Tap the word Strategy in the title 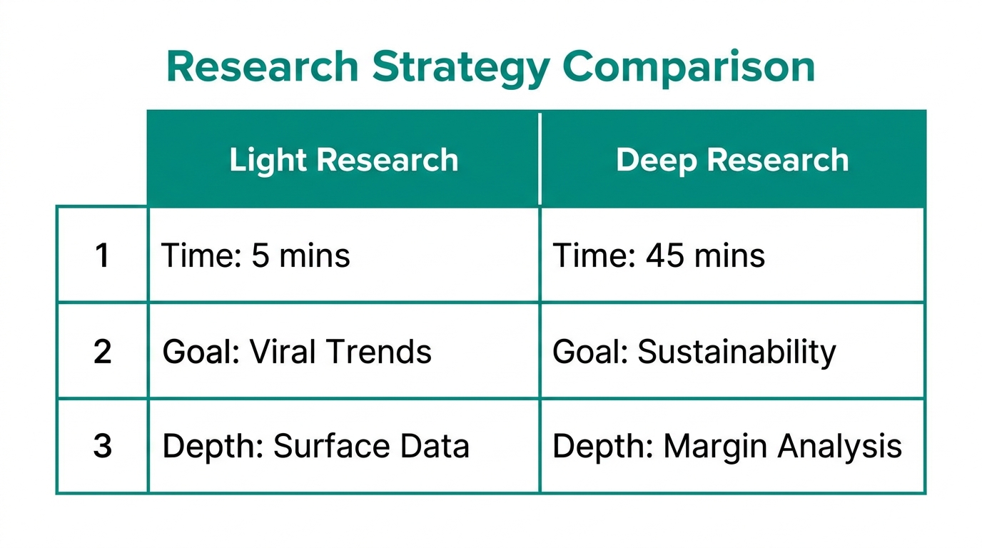(x=460, y=68)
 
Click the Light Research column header (x=343, y=160)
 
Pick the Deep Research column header (x=732, y=160)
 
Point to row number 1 (x=103, y=255)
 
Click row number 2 (x=103, y=352)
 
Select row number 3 (x=103, y=447)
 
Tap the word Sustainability (x=736, y=352)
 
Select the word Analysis (x=839, y=447)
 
